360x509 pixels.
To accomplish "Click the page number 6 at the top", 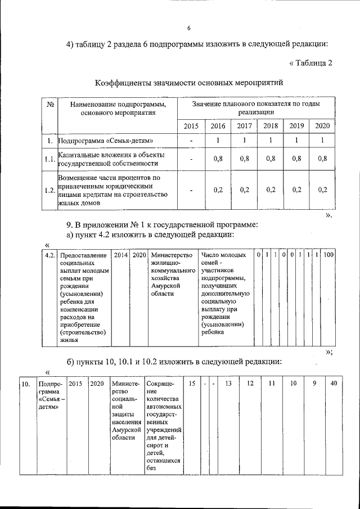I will [189, 29].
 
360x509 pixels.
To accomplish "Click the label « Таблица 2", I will [311, 62].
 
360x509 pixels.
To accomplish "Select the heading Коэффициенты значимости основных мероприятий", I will [188, 83].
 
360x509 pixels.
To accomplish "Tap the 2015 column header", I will [191, 125].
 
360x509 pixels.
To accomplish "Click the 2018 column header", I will [271, 125].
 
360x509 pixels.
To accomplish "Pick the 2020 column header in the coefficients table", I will [322, 125].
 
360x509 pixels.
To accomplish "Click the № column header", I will [50, 104].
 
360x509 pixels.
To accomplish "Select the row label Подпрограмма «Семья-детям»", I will [106, 141].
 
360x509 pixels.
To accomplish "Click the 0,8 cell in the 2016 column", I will [218, 159].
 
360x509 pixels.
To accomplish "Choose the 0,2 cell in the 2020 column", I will [322, 190].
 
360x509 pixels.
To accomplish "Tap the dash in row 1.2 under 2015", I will [191, 190].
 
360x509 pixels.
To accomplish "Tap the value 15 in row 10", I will [192, 384].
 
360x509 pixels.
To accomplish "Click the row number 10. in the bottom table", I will [25, 384].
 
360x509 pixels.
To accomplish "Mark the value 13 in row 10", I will [228, 384].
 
